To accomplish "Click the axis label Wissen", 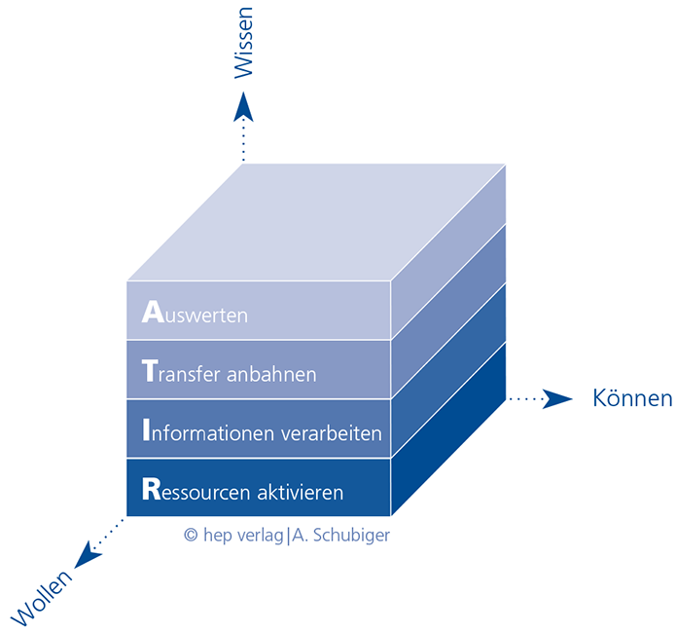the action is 243,43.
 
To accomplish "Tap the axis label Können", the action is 632,397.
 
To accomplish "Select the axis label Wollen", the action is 42,598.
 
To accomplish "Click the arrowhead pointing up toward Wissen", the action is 243,107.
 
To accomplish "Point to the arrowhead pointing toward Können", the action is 557,399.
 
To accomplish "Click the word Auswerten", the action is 195,312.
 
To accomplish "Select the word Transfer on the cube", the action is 182,371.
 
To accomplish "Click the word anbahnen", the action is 271,373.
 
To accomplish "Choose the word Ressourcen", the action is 196,489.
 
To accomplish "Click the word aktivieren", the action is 301,491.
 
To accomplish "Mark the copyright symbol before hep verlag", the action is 191,535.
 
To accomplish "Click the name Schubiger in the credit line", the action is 351,536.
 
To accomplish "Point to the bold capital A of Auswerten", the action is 153,312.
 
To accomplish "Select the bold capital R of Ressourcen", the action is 152,489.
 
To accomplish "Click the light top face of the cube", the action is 316,222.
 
